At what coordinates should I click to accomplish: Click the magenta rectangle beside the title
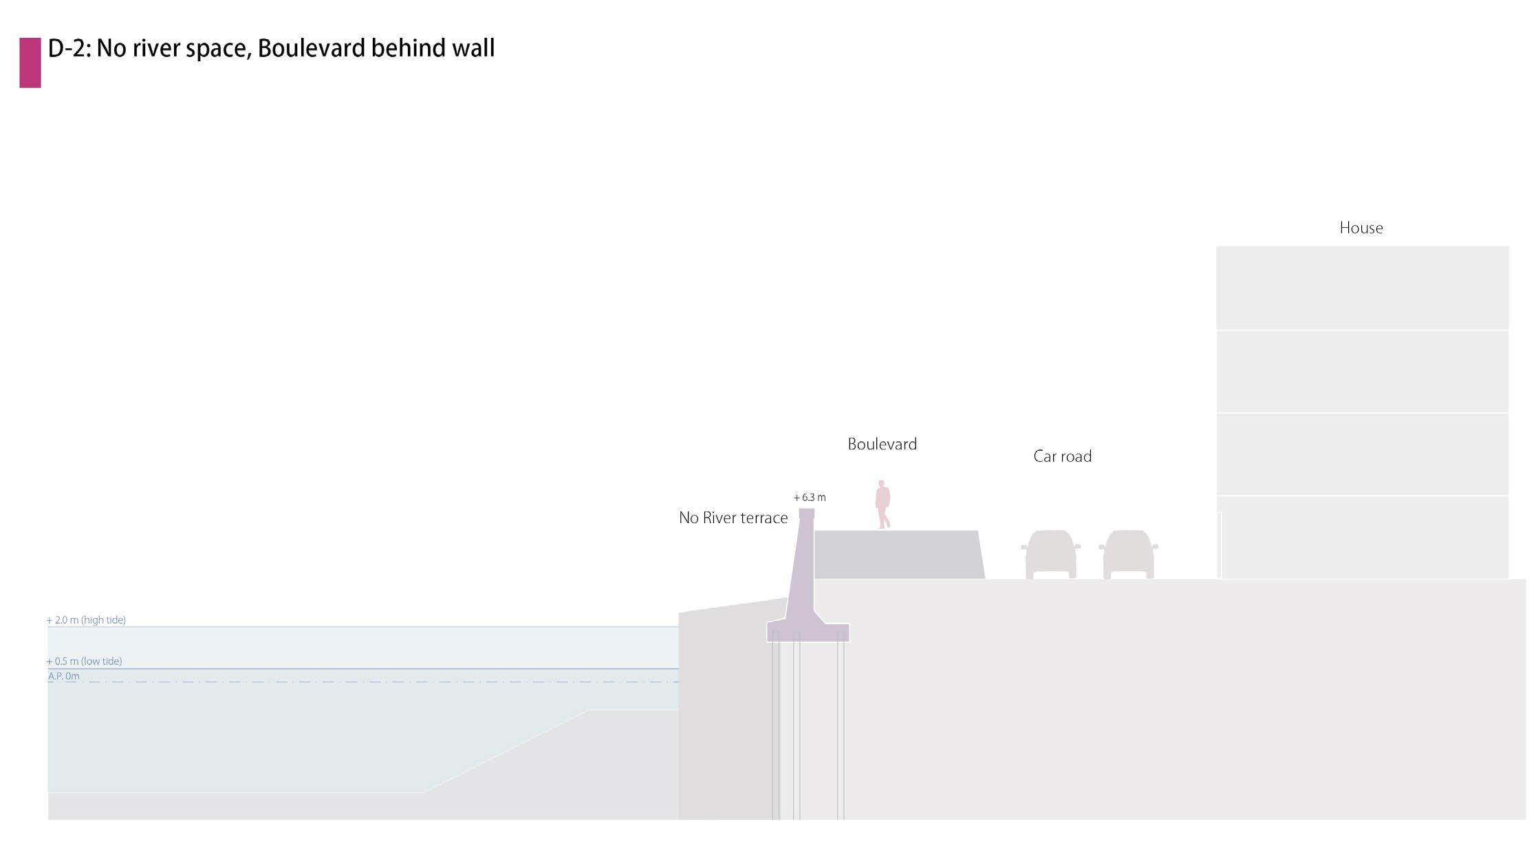click(30, 63)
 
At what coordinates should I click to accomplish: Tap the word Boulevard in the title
click(311, 48)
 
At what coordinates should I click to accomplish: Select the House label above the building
click(1361, 228)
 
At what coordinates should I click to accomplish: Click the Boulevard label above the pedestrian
click(882, 444)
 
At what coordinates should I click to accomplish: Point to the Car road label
click(1062, 456)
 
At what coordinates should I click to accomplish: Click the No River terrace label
click(733, 518)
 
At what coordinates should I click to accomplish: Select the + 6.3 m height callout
click(810, 497)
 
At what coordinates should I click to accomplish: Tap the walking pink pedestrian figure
click(882, 505)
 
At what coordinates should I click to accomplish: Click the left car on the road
click(1050, 554)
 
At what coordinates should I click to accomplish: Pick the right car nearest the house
click(1128, 554)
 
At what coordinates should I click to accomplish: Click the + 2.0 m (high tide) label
click(86, 620)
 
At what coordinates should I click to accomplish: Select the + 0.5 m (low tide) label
click(84, 661)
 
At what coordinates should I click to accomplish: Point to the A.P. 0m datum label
click(63, 676)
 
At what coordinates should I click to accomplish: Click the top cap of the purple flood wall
click(807, 514)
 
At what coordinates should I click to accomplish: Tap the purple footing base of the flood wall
click(808, 633)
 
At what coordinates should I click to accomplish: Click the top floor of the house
click(1362, 288)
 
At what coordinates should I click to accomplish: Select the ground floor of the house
click(1362, 537)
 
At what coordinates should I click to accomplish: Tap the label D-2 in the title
click(69, 48)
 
